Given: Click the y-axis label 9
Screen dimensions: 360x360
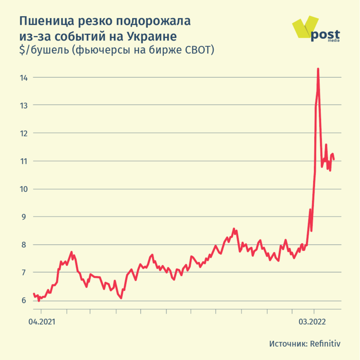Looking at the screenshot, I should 24,217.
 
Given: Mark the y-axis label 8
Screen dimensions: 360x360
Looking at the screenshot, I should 24,245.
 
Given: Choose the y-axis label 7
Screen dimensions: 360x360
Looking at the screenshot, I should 24,272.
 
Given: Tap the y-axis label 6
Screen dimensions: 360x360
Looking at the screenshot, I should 24,300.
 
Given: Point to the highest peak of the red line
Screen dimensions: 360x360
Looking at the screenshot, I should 318,69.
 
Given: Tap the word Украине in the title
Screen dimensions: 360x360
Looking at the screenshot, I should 151,36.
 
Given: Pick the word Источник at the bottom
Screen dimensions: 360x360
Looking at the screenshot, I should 287,343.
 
